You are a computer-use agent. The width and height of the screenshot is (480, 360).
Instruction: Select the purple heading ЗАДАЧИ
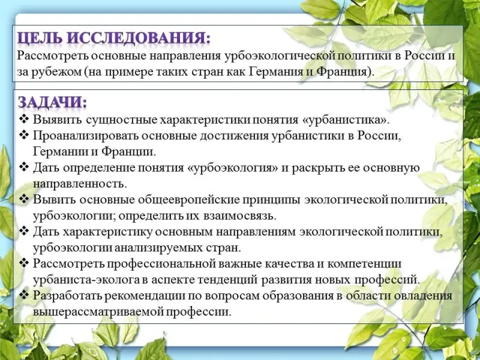pos(52,102)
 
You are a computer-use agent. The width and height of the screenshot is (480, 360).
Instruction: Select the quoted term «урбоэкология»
pos(232,168)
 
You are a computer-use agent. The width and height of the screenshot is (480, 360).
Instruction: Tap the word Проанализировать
pos(85,136)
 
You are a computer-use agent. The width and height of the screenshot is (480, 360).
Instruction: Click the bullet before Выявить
pos(23,119)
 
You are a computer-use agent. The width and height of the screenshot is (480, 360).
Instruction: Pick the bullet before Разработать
pos(23,295)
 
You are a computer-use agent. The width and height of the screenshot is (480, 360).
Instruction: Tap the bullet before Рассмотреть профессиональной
pos(23,263)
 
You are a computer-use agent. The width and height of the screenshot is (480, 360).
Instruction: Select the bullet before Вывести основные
pos(23,199)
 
